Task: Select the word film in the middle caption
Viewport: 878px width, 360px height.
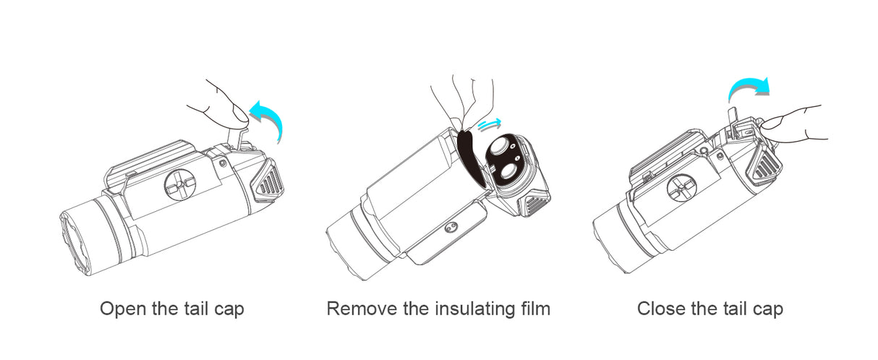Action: (x=536, y=308)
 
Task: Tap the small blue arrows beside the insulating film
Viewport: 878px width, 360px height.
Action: (x=490, y=124)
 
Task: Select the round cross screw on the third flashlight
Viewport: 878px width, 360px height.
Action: (x=681, y=189)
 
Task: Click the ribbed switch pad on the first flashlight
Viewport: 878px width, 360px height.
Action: (x=268, y=181)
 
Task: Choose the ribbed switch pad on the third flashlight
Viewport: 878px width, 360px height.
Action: (x=764, y=165)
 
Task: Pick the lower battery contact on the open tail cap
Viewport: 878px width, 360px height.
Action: (x=508, y=173)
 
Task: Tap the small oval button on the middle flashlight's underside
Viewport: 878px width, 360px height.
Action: (x=451, y=227)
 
